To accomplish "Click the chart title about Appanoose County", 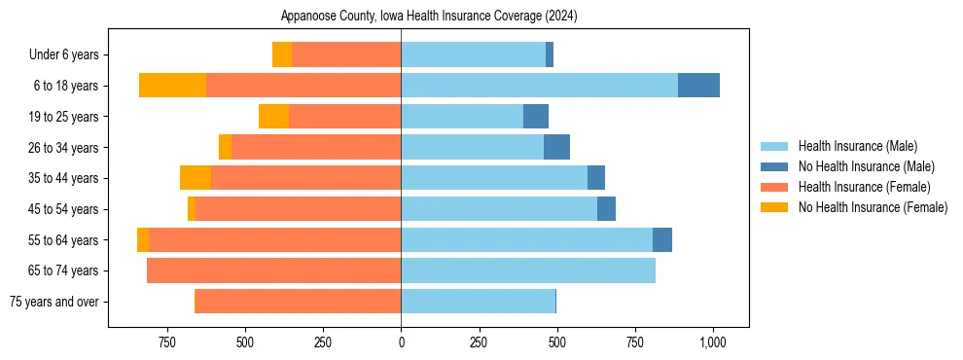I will pos(429,16).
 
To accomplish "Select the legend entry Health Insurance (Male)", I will pos(857,146).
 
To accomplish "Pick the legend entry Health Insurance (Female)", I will pos(864,187).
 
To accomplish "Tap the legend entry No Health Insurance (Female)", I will pos(873,207).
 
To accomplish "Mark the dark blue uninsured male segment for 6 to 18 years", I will pos(698,86).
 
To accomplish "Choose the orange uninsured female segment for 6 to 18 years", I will pos(173,86).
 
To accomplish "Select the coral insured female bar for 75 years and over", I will pos(298,302).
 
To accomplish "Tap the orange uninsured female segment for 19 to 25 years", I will pos(273,117).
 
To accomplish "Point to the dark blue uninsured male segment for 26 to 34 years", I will pos(556,147).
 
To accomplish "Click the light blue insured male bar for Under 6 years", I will pos(473,55).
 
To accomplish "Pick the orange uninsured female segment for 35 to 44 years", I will pos(196,178).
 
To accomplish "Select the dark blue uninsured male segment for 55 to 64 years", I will pos(662,239).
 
